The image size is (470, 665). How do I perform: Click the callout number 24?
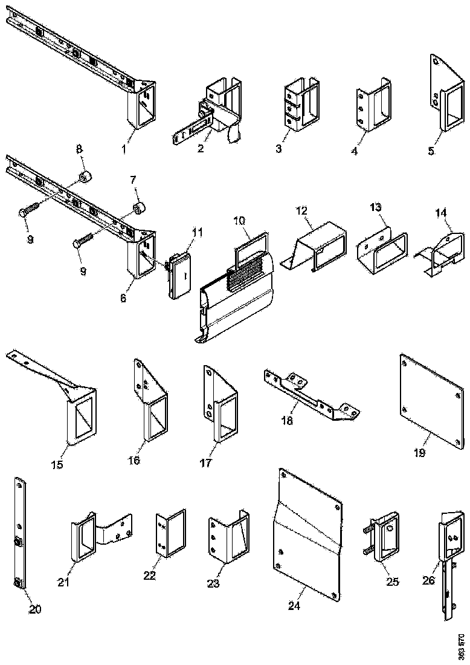click(x=294, y=606)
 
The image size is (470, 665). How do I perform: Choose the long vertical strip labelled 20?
click(x=19, y=532)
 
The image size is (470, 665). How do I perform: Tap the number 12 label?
click(x=301, y=211)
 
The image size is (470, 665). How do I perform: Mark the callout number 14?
click(x=442, y=213)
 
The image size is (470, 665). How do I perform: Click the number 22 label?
click(x=149, y=576)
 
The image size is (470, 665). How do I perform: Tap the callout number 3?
click(x=278, y=149)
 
